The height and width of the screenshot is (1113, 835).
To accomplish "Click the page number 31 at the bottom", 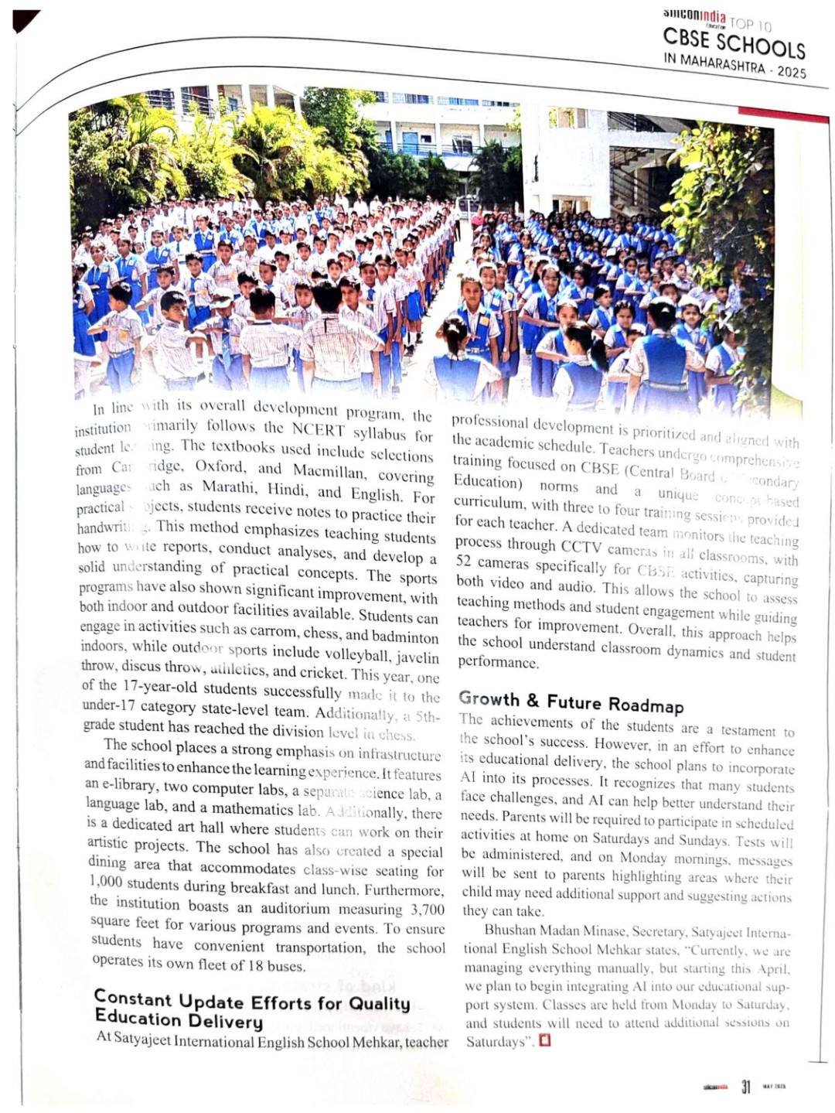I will (745, 1087).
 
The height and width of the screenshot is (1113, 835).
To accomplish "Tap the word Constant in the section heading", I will (133, 999).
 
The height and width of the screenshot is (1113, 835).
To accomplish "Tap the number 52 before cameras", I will (464, 562).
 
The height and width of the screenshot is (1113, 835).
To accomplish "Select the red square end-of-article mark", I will (545, 1040).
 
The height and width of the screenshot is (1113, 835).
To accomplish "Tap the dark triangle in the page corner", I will (25, 20).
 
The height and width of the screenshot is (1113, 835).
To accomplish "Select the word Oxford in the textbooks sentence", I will (220, 466).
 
